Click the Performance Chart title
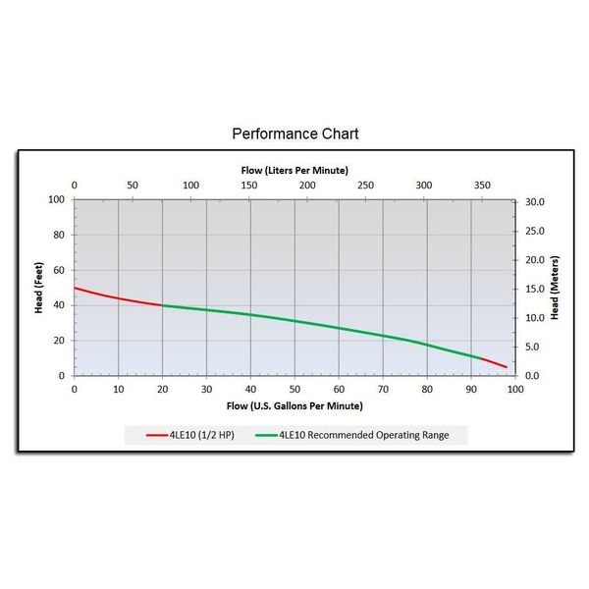[294, 133]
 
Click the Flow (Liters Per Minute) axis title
[294, 170]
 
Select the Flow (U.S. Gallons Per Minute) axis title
[294, 405]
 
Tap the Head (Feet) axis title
[38, 288]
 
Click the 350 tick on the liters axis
[482, 185]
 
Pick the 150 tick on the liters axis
[249, 185]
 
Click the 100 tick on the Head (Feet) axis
[57, 200]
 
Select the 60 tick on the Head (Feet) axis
[59, 270]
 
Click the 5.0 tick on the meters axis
[532, 348]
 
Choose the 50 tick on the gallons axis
[294, 389]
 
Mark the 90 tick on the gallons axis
[471, 389]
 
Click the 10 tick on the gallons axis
[119, 389]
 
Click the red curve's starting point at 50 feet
[75, 288]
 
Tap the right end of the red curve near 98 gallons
[507, 367]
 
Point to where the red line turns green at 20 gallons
[163, 305]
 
